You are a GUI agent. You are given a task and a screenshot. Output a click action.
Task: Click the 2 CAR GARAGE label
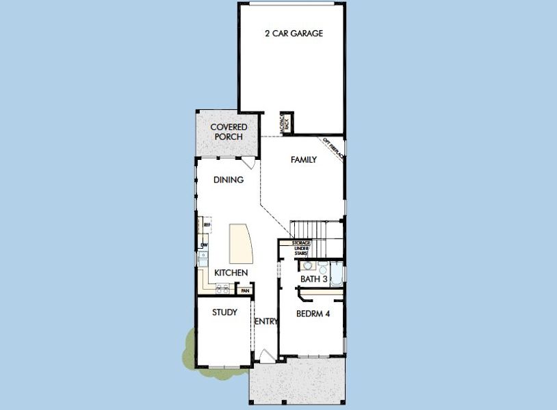[294, 33]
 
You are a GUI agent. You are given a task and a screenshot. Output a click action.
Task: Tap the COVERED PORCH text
[229, 132]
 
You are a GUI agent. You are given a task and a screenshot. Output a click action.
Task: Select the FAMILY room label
[303, 160]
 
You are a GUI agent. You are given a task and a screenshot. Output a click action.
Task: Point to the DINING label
[229, 180]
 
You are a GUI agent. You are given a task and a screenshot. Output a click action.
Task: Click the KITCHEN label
[231, 273]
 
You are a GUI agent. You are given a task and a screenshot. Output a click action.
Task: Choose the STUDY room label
[224, 312]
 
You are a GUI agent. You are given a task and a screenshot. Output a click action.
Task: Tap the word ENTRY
[265, 321]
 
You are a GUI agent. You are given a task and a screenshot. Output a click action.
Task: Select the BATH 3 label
[314, 279]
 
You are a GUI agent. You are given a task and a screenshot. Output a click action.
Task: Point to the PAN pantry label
[244, 290]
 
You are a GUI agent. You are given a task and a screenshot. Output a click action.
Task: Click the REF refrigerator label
[206, 223]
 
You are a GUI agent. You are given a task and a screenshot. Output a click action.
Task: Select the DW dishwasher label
[204, 245]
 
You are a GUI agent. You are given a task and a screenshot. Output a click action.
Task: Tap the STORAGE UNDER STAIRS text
[302, 248]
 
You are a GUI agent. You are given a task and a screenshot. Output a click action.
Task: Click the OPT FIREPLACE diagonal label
[334, 150]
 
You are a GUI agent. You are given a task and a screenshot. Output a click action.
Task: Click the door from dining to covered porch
[250, 163]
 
